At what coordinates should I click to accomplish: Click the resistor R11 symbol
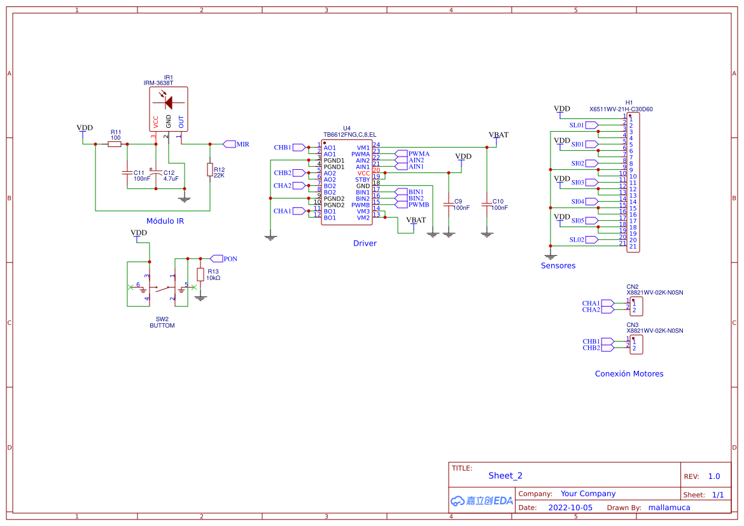coord(115,144)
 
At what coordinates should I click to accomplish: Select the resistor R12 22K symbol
coord(209,169)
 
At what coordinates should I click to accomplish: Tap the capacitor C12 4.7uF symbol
coord(155,172)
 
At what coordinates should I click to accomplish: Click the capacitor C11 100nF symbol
coord(127,172)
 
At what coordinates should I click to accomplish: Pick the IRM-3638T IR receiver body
coord(169,109)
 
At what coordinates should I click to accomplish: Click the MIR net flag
coord(230,144)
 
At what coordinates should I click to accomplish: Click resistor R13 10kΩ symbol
coord(200,274)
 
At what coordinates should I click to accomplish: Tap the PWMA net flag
coord(401,154)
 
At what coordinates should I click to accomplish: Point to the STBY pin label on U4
coord(362,180)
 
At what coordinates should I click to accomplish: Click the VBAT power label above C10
coord(498,135)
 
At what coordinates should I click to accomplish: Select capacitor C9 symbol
coord(449,204)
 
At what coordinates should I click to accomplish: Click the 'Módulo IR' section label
coord(165,221)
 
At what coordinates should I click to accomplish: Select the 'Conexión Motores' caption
coord(629,374)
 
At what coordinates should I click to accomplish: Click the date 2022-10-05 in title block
coord(570,508)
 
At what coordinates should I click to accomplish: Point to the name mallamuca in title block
coord(669,508)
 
